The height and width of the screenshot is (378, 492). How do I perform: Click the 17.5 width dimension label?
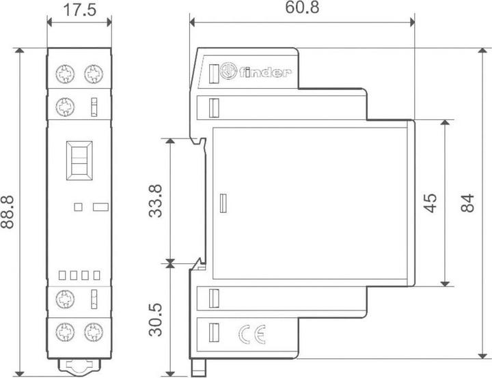(x=79, y=10)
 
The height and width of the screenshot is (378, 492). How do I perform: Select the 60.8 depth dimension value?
(x=302, y=8)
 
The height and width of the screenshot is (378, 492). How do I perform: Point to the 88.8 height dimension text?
(x=8, y=212)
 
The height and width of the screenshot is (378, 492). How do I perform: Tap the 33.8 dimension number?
(x=156, y=201)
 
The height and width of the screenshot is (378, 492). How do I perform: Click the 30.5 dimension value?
(x=156, y=320)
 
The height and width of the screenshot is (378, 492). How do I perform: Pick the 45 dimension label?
(x=430, y=203)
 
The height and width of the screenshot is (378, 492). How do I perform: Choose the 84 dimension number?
(x=467, y=203)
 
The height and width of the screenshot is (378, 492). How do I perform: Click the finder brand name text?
(x=265, y=73)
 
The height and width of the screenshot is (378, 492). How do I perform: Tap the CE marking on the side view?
(x=252, y=334)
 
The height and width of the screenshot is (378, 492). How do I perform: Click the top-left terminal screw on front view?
(x=65, y=74)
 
